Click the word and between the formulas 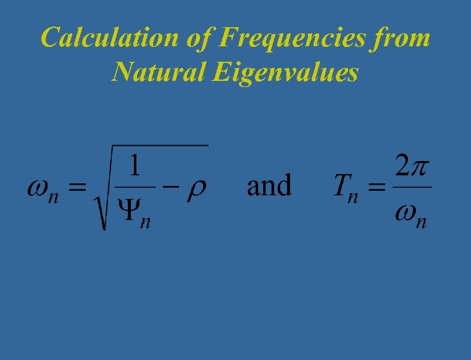point(269,185)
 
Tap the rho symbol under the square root point(198,188)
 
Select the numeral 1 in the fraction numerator point(134,167)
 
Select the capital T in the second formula point(343,185)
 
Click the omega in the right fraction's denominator point(406,213)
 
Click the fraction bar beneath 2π point(412,188)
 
